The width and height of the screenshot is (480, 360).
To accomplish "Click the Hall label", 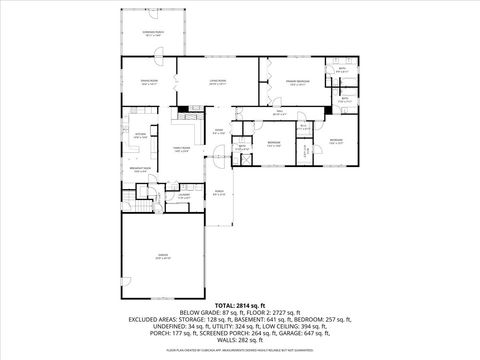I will tap(280, 114).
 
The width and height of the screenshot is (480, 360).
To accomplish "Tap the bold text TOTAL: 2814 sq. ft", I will tap(240, 304).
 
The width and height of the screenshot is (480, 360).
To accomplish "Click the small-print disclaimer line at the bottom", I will tap(240, 352).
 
